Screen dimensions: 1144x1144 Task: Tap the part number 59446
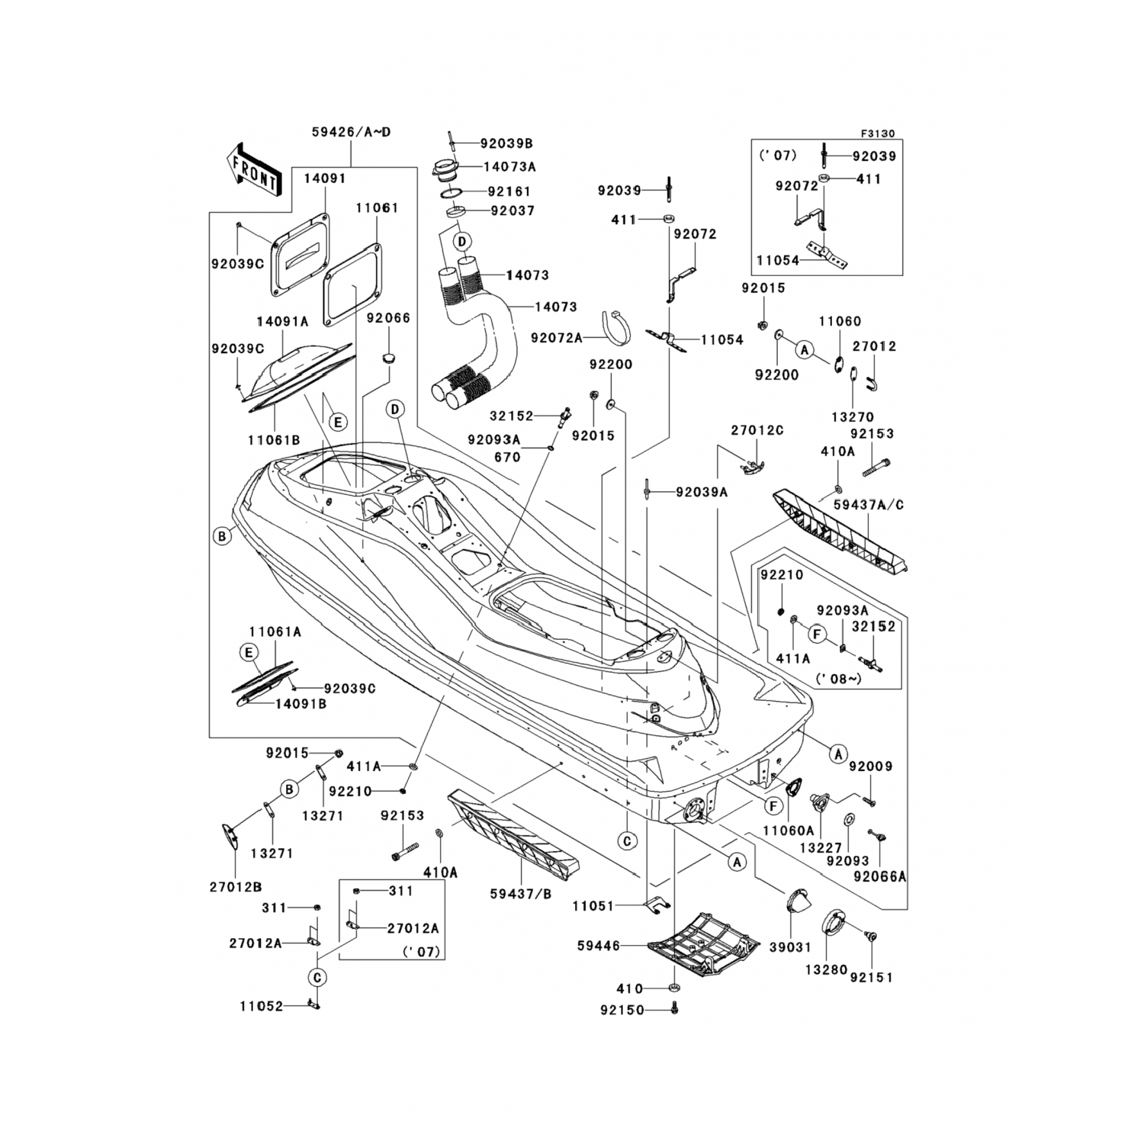coord(599,946)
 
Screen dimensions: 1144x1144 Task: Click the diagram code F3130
coord(878,133)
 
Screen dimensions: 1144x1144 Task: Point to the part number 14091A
coord(282,321)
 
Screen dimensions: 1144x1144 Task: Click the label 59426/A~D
coord(351,132)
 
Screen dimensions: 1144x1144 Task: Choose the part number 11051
coord(594,905)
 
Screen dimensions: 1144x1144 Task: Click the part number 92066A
coord(880,876)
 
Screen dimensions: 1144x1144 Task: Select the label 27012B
coord(235,887)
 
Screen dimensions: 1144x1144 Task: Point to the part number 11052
coord(261,1007)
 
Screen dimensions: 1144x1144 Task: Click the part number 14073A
coord(509,165)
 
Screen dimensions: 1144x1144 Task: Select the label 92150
coord(622,1011)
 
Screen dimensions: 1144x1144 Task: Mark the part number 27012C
coord(757,430)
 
